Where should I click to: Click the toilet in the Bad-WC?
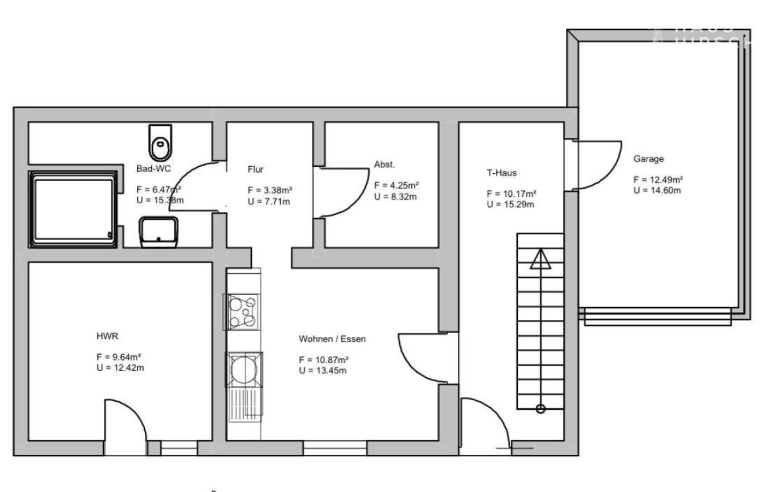click(160, 142)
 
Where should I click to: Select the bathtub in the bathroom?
click(73, 209)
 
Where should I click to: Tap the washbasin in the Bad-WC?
click(158, 232)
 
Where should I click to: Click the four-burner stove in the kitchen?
click(242, 312)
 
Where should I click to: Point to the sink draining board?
click(244, 405)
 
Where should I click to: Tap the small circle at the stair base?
click(540, 408)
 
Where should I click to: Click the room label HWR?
click(107, 336)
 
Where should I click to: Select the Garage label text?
click(648, 159)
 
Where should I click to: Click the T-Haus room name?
click(501, 173)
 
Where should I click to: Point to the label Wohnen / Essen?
click(332, 339)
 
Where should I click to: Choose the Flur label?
click(255, 169)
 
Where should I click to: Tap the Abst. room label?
click(384, 165)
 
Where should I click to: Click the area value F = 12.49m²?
click(658, 180)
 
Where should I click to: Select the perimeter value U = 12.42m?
click(120, 368)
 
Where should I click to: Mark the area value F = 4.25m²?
click(397, 185)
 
